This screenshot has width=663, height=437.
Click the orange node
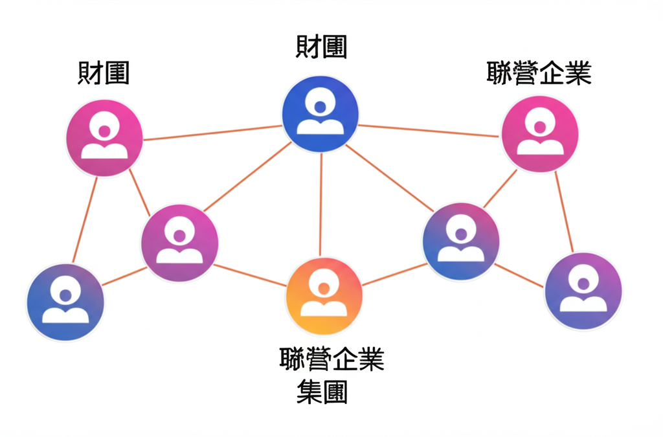324,296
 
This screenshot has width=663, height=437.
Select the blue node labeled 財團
320,114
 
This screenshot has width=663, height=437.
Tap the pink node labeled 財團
104,138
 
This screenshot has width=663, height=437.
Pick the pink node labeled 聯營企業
540,134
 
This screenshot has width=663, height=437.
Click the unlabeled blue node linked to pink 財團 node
65,303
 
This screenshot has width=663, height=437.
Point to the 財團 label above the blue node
321,47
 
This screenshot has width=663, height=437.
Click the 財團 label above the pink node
104,73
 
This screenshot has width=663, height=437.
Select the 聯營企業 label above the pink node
539,73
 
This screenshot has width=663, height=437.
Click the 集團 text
322,392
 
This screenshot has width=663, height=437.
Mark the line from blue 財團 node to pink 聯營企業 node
431,131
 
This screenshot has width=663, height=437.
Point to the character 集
309,392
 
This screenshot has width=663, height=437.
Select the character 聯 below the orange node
293,359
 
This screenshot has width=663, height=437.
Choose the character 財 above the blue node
308,47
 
